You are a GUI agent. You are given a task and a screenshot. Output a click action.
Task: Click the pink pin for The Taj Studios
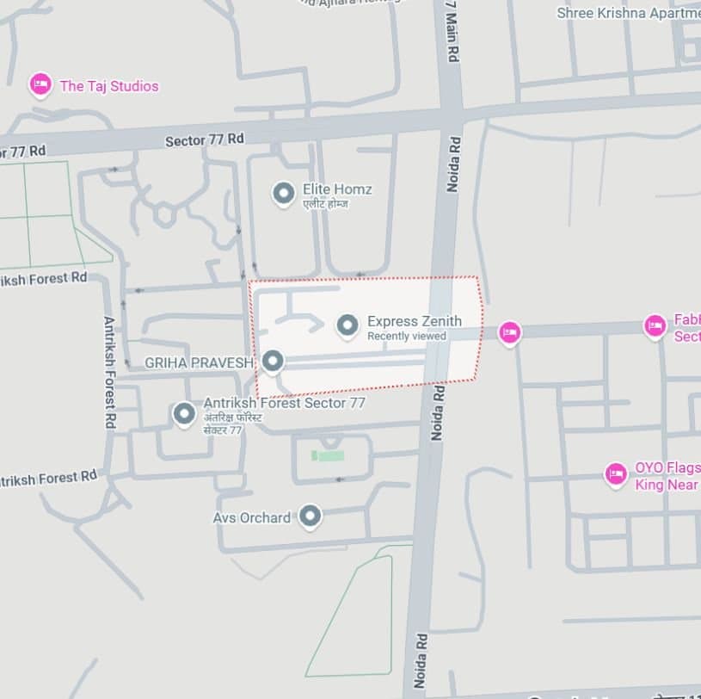[40, 84]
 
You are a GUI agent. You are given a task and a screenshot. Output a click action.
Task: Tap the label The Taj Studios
[109, 86]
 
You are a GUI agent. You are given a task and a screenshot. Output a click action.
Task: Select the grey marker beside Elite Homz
[284, 195]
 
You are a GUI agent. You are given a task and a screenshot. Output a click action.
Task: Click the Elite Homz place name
[337, 189]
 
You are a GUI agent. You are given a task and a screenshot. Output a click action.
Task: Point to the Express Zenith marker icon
[347, 325]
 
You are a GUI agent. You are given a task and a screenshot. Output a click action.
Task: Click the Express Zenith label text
[414, 321]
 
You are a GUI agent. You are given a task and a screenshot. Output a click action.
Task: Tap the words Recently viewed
[406, 336]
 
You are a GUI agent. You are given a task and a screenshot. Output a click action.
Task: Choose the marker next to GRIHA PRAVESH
[273, 362]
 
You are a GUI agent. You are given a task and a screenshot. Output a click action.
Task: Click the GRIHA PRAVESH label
[198, 363]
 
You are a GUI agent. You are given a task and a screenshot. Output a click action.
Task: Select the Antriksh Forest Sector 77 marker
[184, 415]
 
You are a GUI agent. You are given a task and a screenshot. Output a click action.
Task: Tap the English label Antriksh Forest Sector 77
[284, 403]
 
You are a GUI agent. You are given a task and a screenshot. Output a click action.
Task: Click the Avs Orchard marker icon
[311, 517]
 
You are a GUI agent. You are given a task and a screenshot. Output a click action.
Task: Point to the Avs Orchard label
[251, 517]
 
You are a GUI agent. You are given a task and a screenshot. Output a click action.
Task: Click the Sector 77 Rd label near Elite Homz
[205, 139]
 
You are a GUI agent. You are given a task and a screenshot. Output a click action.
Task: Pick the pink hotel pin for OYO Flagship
[616, 474]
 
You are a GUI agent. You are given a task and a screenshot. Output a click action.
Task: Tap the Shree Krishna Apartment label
[628, 13]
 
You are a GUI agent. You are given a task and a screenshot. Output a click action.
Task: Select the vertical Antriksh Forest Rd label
[110, 372]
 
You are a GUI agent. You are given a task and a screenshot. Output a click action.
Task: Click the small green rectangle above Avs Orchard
[328, 455]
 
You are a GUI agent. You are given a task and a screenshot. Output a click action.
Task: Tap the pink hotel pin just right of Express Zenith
[510, 332]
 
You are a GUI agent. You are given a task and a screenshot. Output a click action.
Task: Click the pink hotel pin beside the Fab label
[655, 326]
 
